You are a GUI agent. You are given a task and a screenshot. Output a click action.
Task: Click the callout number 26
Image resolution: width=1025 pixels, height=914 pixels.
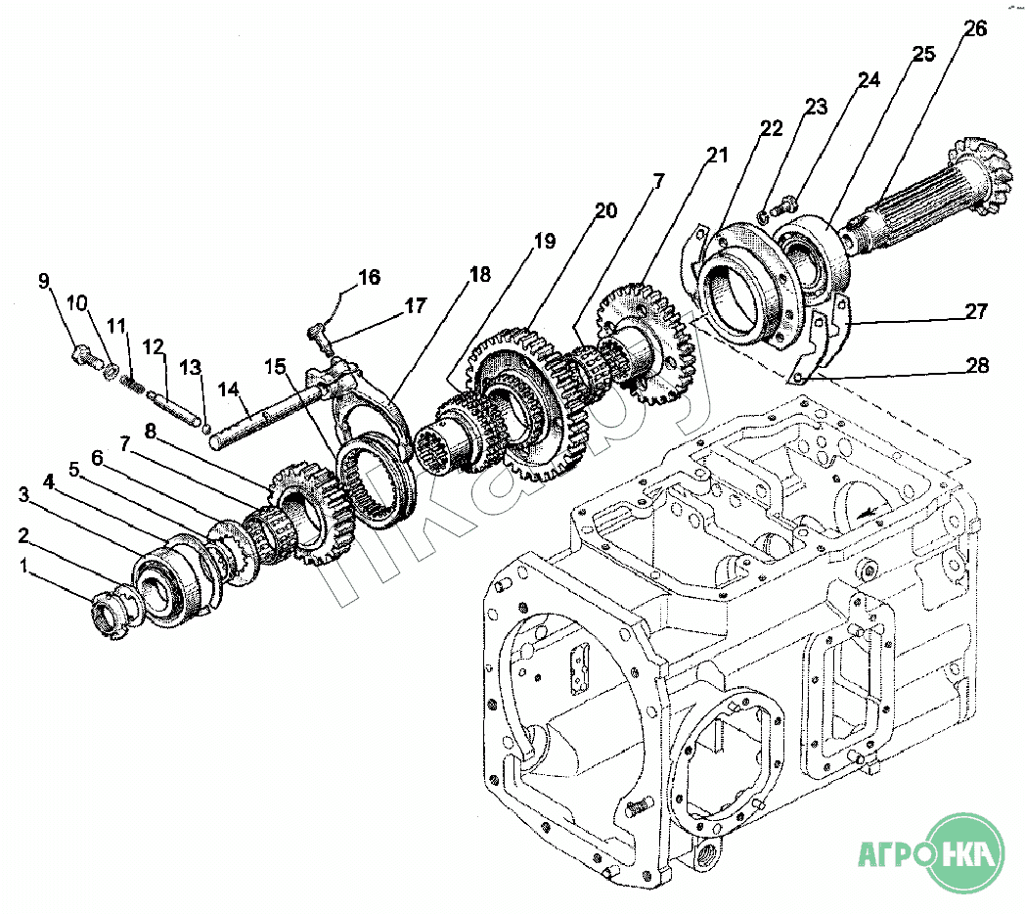click(974, 28)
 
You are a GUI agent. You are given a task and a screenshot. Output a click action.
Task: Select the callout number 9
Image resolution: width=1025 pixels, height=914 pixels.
click(44, 282)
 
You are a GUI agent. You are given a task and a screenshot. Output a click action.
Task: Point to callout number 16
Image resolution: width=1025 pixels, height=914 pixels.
click(368, 277)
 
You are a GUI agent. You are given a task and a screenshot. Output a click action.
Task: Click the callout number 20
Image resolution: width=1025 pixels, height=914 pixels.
click(605, 210)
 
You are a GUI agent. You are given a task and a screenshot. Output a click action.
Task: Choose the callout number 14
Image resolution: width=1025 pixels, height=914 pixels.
click(228, 388)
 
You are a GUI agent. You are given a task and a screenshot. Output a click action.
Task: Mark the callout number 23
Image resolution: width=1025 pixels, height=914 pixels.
click(816, 106)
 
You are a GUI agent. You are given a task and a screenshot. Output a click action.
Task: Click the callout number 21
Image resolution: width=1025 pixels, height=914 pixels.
click(719, 156)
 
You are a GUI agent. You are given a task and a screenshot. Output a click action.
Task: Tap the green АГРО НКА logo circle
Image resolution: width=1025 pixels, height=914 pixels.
click(962, 852)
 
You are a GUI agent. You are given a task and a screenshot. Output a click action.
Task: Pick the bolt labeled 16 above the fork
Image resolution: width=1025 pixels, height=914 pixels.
click(319, 334)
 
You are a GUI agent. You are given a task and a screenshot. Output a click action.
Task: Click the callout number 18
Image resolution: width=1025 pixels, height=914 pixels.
click(479, 275)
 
